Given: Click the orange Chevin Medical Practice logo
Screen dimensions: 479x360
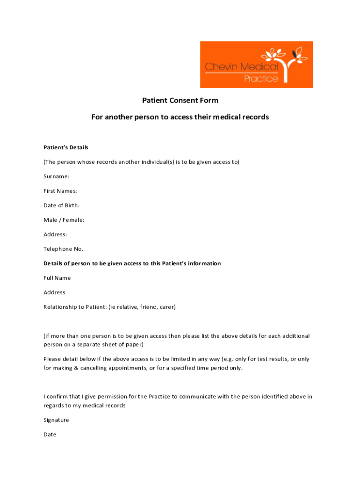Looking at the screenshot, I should tap(256, 65).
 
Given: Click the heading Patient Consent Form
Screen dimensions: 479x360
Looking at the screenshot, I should tap(180, 100).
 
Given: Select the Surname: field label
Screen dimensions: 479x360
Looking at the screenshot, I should tap(57, 176).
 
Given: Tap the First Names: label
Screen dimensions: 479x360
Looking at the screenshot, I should tap(60, 191).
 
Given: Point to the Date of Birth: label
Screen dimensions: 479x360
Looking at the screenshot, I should tap(62, 205).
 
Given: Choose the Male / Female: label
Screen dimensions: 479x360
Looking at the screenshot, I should tap(64, 220).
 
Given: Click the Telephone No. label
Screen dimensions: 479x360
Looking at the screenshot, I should tap(63, 249).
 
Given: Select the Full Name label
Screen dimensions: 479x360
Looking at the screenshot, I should tap(57, 278).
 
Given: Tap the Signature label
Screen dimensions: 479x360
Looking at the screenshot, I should tap(56, 420).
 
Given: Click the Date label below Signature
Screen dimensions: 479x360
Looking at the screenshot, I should tap(50, 435).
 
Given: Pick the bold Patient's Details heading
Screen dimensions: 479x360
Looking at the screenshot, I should tap(66, 147).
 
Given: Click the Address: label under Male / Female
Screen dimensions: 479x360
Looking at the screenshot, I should tap(55, 234).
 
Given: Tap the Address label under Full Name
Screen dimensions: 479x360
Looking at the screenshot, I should tap(54, 292).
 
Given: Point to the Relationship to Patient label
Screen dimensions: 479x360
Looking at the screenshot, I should tap(75, 307).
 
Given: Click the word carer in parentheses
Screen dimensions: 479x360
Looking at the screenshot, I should tap(167, 307).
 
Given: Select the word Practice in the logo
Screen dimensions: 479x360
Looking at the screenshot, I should tap(261, 79).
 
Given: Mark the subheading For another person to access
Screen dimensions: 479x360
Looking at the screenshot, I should tap(180, 117).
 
